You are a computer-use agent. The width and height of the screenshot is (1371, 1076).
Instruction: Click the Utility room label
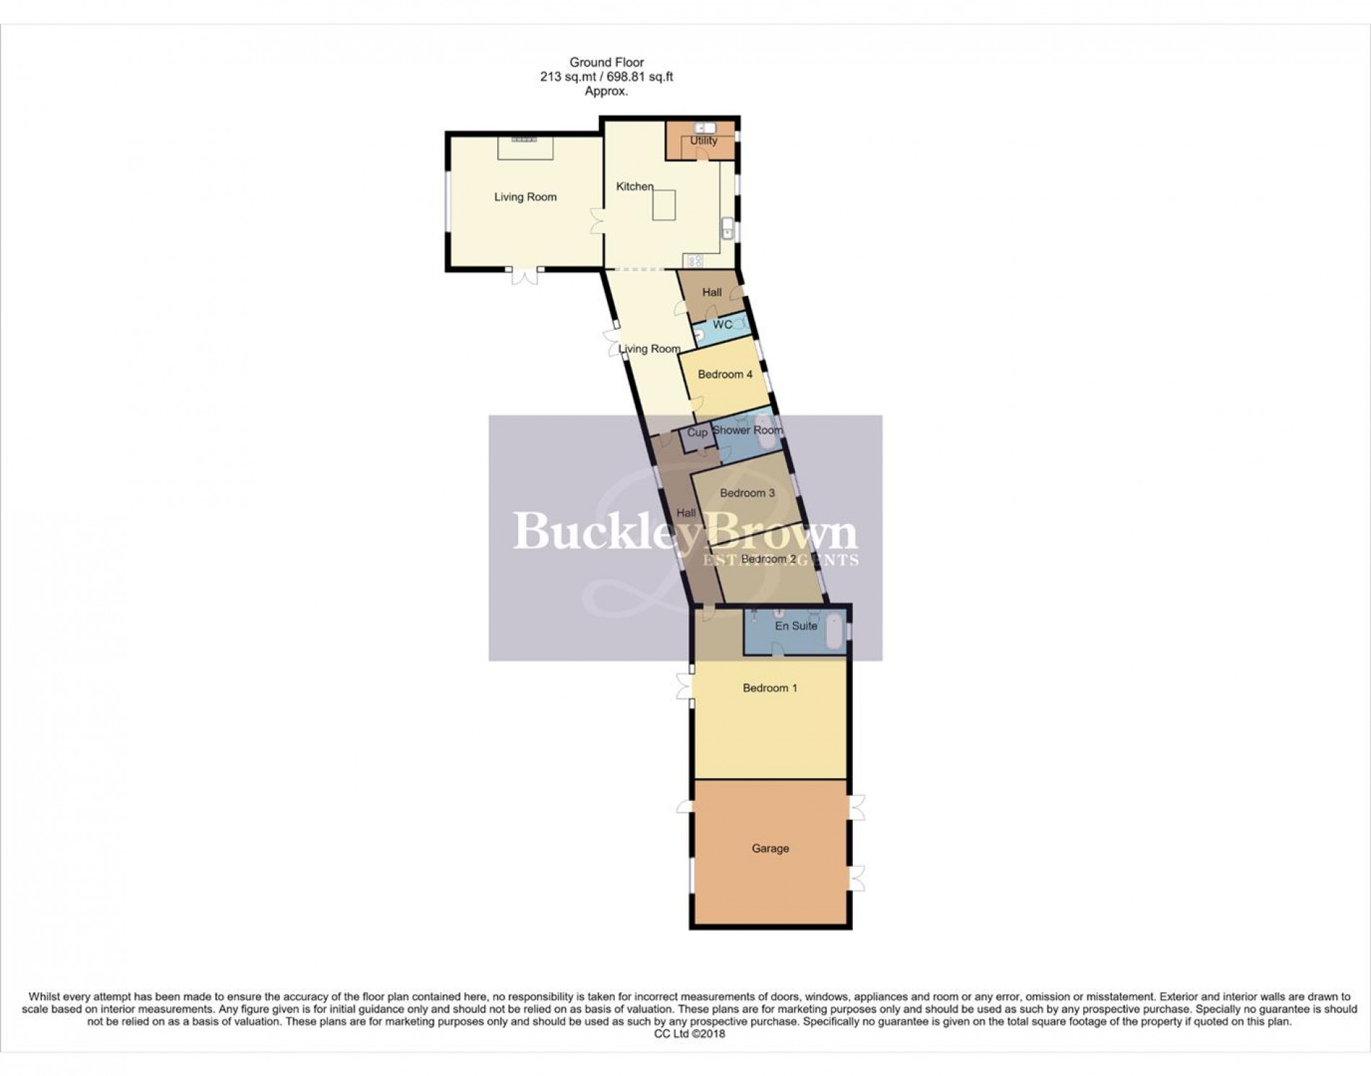[x=703, y=141]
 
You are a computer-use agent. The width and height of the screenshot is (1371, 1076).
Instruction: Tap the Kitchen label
[x=634, y=187]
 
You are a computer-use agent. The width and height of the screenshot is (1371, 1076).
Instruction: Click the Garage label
[x=770, y=849]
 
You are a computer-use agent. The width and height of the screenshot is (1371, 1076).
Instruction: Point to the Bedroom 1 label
[x=770, y=688]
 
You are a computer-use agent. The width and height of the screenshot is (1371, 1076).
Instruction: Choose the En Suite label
[x=796, y=626]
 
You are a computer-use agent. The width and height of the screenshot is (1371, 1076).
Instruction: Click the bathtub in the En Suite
[x=835, y=629]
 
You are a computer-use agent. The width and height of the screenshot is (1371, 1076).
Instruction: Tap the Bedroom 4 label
[x=725, y=375]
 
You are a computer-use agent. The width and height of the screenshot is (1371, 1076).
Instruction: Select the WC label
[x=722, y=325]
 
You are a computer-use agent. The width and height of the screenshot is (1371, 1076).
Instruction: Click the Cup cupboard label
[x=697, y=433]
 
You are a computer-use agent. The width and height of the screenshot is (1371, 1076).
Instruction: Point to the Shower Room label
[x=748, y=430]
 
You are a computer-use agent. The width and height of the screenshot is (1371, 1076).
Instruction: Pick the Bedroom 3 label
[x=748, y=494]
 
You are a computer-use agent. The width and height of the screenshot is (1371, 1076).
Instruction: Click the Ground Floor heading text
[x=606, y=63]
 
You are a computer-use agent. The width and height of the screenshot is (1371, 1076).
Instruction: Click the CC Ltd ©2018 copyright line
[x=688, y=1033]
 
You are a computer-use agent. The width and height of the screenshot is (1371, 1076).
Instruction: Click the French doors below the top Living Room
[x=524, y=276]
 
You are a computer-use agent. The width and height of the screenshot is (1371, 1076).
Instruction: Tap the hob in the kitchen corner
[x=694, y=261]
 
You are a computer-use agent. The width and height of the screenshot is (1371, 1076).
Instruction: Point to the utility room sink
[x=699, y=128]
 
